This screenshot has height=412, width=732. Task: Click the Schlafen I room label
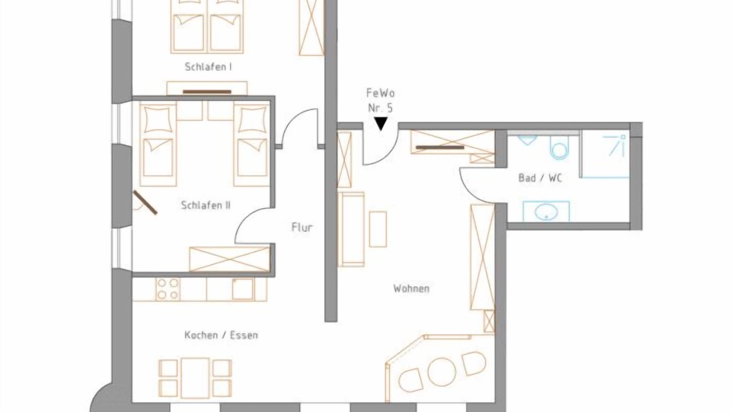(x=208, y=67)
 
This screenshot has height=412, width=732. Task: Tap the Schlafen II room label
(x=205, y=205)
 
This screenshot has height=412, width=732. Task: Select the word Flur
(x=302, y=227)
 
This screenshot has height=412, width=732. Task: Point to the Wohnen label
(x=411, y=288)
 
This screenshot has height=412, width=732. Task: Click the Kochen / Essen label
(x=221, y=335)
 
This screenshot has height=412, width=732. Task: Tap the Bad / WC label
(x=540, y=178)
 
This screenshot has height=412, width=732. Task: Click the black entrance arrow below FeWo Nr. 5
(x=381, y=124)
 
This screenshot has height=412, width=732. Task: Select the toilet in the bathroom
(x=559, y=147)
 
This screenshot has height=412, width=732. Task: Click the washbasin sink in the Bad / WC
(x=546, y=212)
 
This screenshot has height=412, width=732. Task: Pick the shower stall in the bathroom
(x=605, y=154)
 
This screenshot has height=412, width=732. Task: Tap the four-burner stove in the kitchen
(x=168, y=289)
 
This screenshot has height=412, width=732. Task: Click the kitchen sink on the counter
(x=243, y=289)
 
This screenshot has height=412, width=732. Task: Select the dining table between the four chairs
(x=195, y=378)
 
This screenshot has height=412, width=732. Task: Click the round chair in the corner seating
(x=441, y=372)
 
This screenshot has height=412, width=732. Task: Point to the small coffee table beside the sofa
(x=378, y=229)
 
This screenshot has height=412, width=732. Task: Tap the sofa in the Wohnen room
(x=351, y=229)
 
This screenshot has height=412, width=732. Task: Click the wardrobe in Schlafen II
(x=230, y=259)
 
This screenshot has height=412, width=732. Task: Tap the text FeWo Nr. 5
(x=380, y=100)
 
